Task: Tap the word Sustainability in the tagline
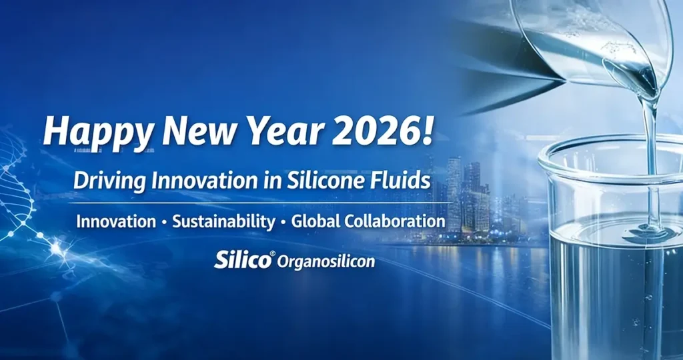click(223, 221)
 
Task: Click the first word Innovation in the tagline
click(114, 221)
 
